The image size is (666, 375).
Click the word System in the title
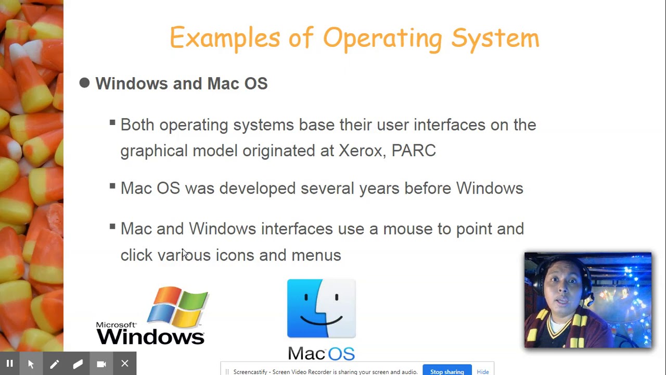coord(495,38)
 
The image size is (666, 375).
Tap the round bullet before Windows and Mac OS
coord(84,83)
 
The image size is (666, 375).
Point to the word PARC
coord(414,151)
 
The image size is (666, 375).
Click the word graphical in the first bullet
coord(154,151)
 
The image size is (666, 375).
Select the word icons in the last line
coord(235,255)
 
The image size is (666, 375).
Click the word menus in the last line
coord(316,255)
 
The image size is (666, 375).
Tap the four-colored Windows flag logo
coord(178,307)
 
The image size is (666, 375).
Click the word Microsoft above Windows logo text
coord(116,325)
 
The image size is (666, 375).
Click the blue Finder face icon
coord(321,308)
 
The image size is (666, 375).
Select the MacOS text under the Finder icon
coord(321,354)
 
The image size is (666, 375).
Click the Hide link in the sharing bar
coord(482,371)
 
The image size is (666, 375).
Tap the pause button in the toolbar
coord(9,364)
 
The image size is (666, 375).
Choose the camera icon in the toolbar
coord(101,364)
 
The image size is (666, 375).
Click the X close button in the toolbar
coord(125,364)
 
